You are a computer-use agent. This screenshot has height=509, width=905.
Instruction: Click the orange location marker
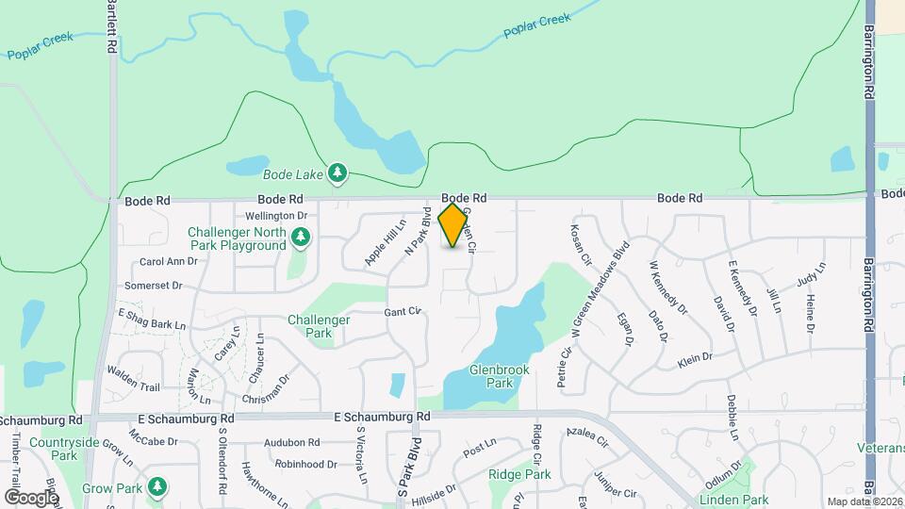click(x=453, y=225)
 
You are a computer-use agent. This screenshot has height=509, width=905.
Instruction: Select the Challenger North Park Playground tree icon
click(x=300, y=238)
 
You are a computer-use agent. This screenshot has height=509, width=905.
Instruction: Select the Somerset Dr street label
click(x=153, y=285)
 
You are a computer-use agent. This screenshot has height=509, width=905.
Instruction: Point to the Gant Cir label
click(x=402, y=311)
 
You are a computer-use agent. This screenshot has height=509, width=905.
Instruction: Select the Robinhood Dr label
click(x=305, y=464)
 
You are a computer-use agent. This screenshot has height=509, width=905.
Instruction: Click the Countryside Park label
click(x=64, y=449)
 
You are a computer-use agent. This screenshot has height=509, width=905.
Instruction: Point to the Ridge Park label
click(x=519, y=474)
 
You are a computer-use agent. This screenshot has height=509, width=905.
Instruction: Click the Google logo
click(x=31, y=497)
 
